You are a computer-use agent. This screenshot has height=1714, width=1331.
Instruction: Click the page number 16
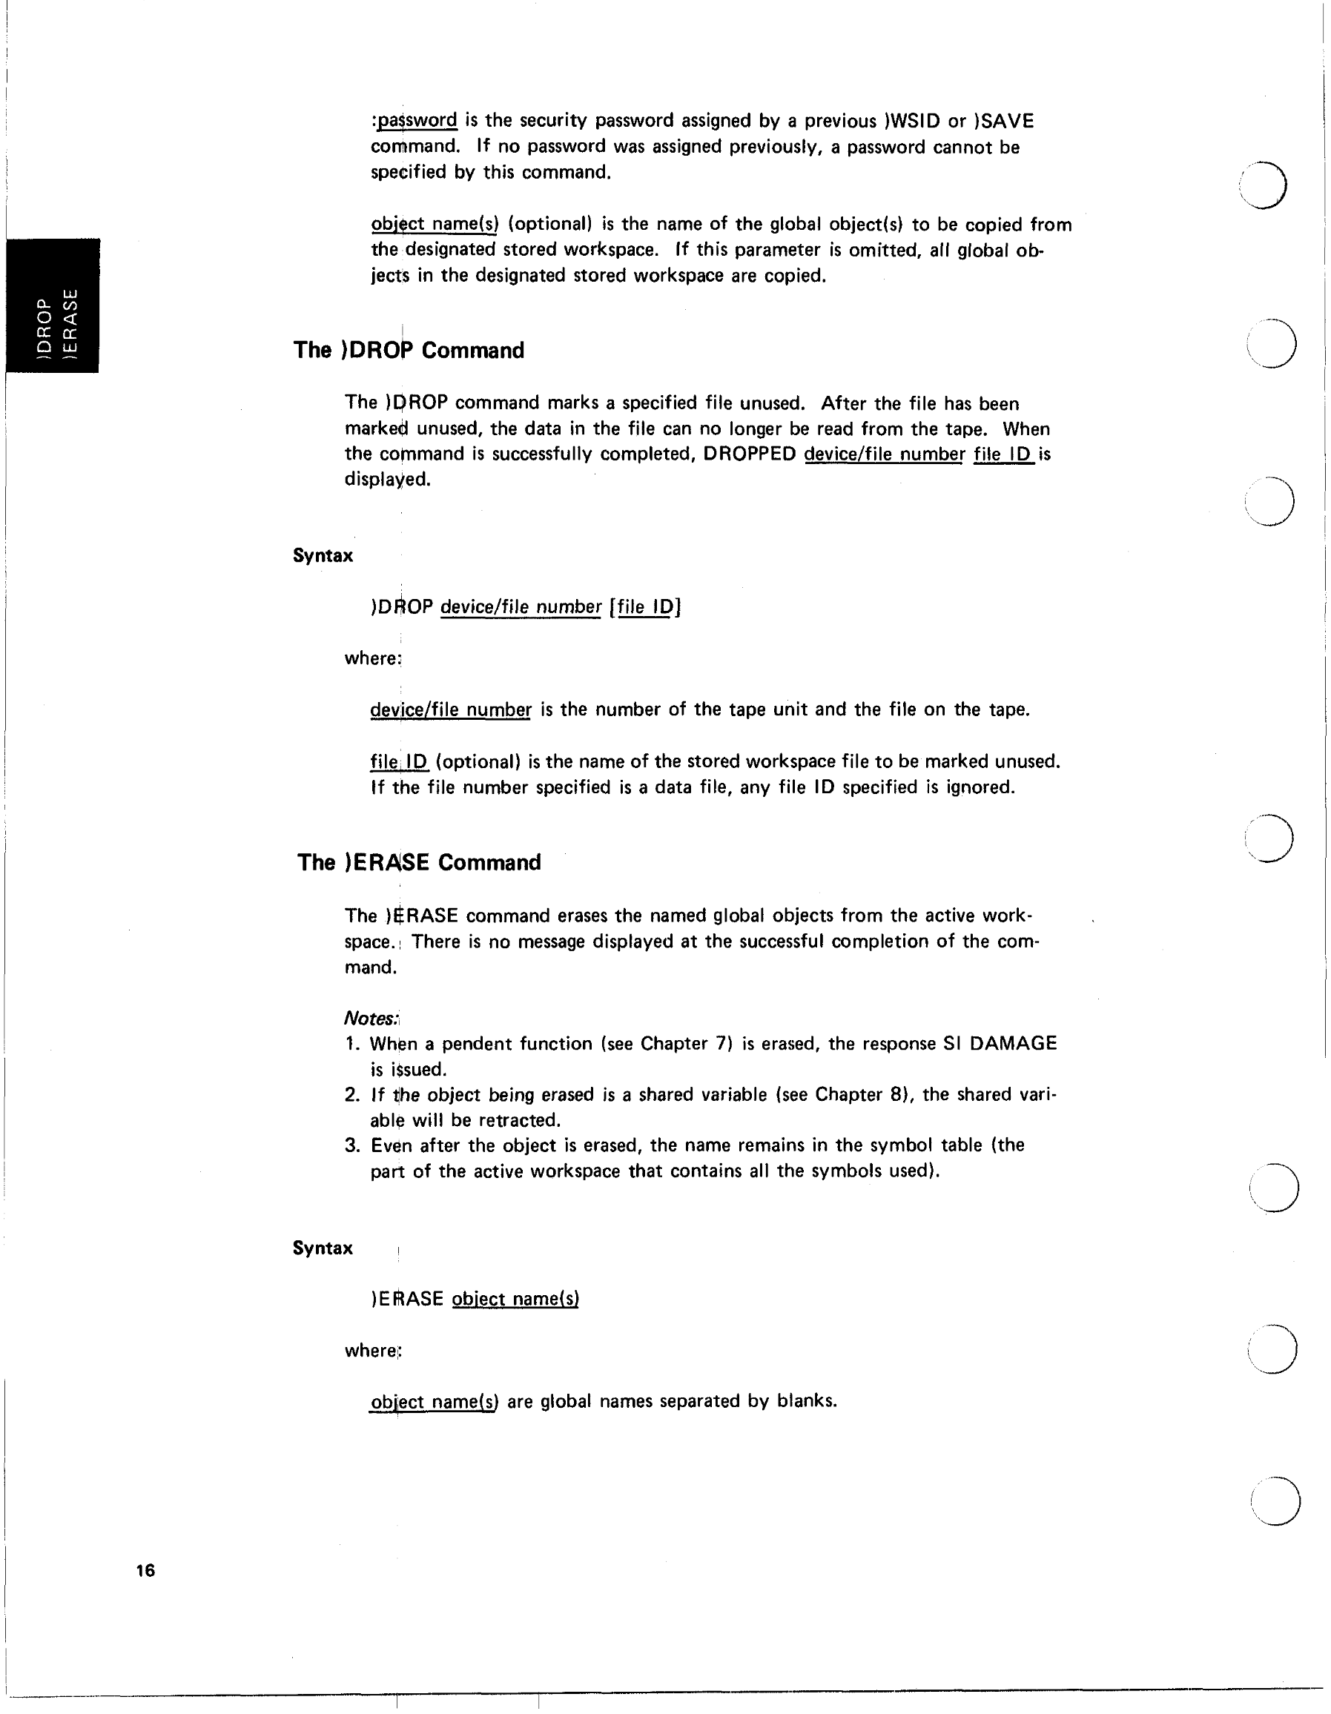coord(145,1570)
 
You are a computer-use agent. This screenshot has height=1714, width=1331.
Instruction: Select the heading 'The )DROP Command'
coord(408,350)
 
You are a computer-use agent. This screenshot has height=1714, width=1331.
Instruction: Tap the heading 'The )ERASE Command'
coord(419,862)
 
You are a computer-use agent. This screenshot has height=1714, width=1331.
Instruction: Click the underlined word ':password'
coord(415,120)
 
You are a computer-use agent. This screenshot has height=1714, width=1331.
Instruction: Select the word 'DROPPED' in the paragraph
coord(750,454)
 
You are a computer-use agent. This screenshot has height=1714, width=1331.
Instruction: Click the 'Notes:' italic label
coord(372,1019)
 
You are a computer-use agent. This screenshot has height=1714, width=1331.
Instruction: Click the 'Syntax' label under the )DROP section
coord(323,555)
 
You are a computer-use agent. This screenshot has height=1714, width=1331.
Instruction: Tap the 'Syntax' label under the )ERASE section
coord(323,1248)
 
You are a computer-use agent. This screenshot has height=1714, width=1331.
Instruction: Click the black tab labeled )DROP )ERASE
coord(53,305)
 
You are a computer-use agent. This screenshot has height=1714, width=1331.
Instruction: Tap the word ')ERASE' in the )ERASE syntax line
coord(406,1299)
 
